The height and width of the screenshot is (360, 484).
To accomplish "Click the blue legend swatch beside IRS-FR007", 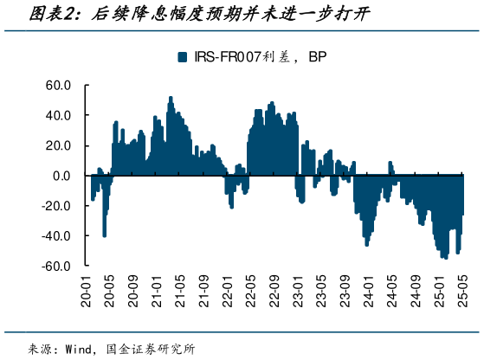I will tap(182, 57).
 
